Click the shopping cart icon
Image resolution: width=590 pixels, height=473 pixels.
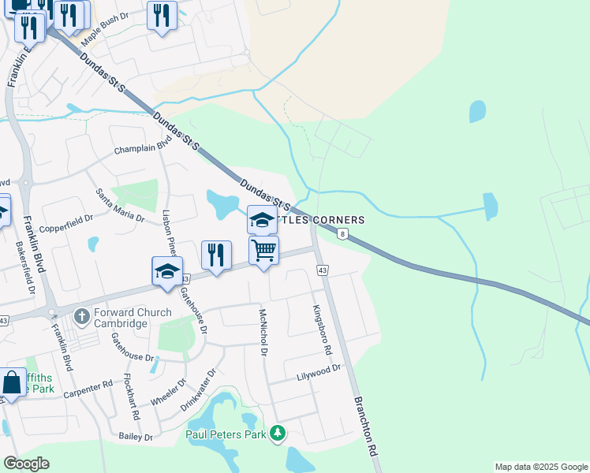coord(263,251)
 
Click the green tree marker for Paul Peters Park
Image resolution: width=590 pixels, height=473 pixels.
coord(277,433)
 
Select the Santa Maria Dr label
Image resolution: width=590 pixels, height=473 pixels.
coord(121,205)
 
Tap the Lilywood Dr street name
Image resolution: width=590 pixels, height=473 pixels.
coord(318,371)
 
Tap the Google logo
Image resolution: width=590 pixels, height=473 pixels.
coord(26,464)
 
